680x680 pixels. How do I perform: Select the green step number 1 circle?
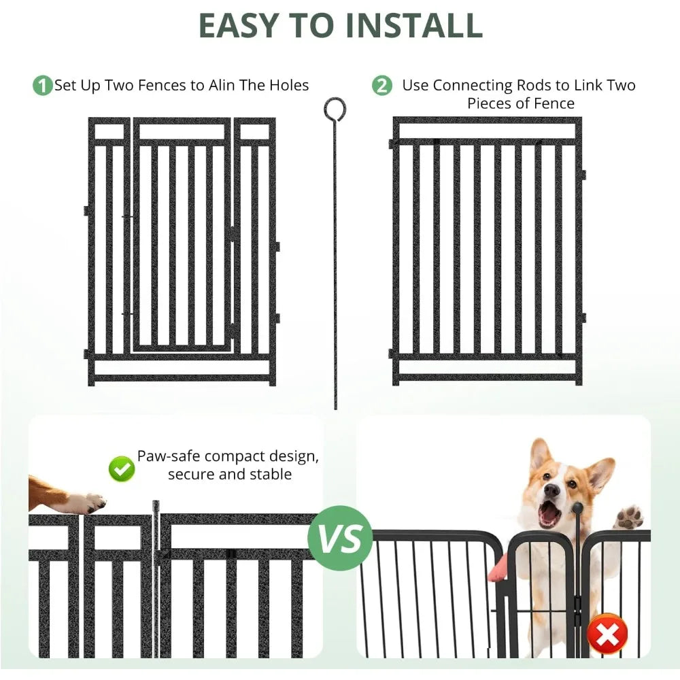pyautogui.click(x=43, y=86)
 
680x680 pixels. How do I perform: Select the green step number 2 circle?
pyautogui.click(x=383, y=86)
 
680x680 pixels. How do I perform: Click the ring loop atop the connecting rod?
pyautogui.click(x=335, y=108)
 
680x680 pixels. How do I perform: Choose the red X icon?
pyautogui.click(x=607, y=634)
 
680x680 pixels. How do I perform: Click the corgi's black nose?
pyautogui.click(x=551, y=490)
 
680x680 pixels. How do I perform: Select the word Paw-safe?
pyautogui.click(x=169, y=456)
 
